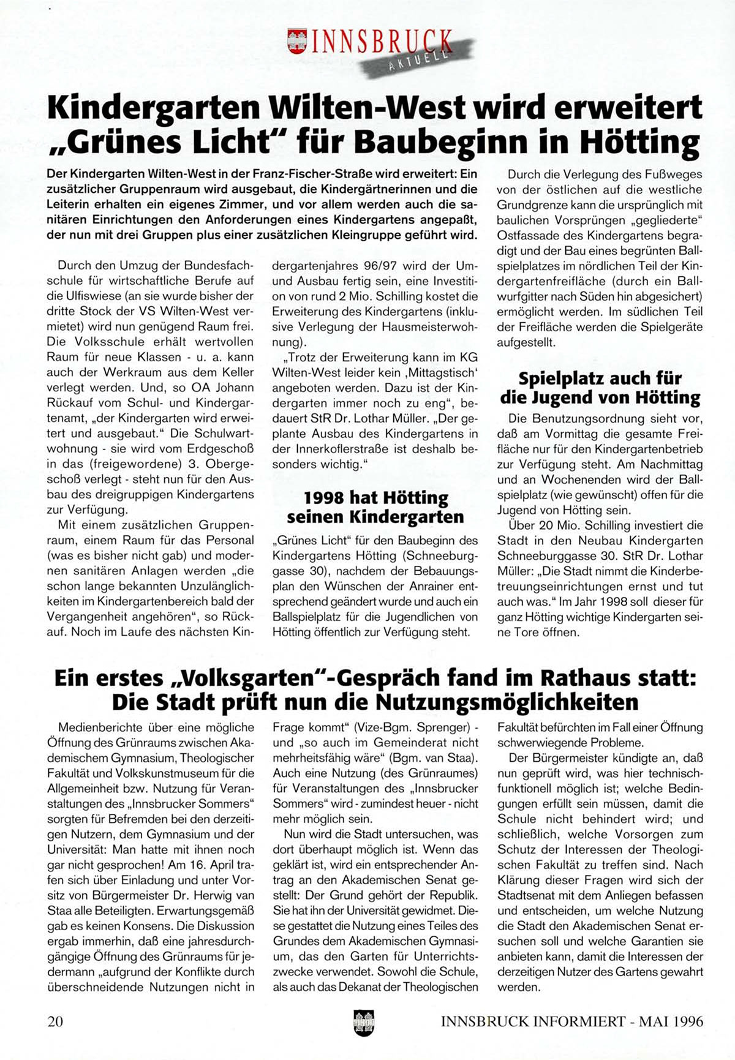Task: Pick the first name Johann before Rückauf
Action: tap(233, 388)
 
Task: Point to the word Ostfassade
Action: tap(527, 235)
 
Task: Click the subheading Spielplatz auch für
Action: tap(600, 378)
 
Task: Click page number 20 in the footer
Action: tap(55, 1021)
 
